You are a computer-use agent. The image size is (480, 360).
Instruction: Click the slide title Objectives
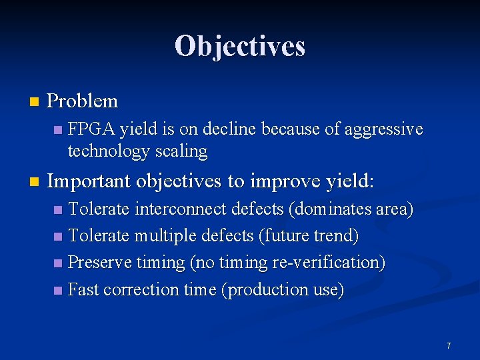point(240,47)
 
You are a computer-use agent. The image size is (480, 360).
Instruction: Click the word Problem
point(83,101)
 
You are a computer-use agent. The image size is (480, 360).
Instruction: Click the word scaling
point(183,151)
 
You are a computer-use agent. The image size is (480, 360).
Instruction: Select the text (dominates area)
point(351,209)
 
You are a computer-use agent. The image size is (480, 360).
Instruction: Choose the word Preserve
point(100,263)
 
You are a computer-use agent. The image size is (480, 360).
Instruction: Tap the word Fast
point(85,289)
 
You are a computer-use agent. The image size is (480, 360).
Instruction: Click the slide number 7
point(449,345)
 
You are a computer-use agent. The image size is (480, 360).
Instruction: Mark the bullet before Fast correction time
point(59,290)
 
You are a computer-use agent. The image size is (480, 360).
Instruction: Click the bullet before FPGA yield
point(59,129)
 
